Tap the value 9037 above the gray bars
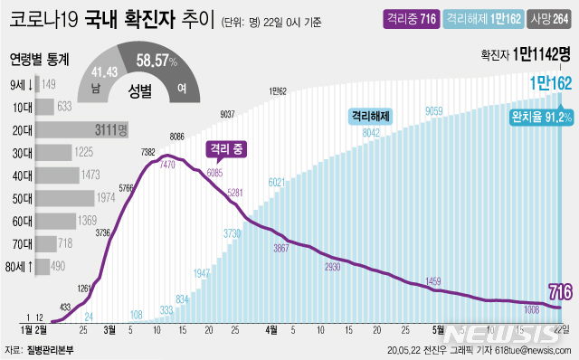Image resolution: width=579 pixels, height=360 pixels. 227,114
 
